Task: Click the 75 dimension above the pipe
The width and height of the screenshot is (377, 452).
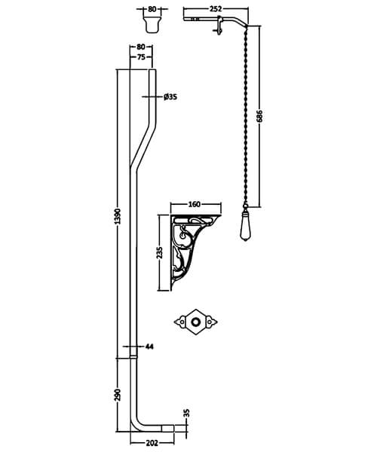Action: click(x=142, y=56)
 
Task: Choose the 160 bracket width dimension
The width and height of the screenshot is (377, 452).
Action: click(x=195, y=203)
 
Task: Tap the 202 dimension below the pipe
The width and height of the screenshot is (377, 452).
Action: click(x=152, y=444)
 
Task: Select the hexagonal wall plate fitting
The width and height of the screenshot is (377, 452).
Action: click(x=198, y=322)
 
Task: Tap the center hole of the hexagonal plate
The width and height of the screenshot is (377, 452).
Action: click(x=198, y=322)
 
